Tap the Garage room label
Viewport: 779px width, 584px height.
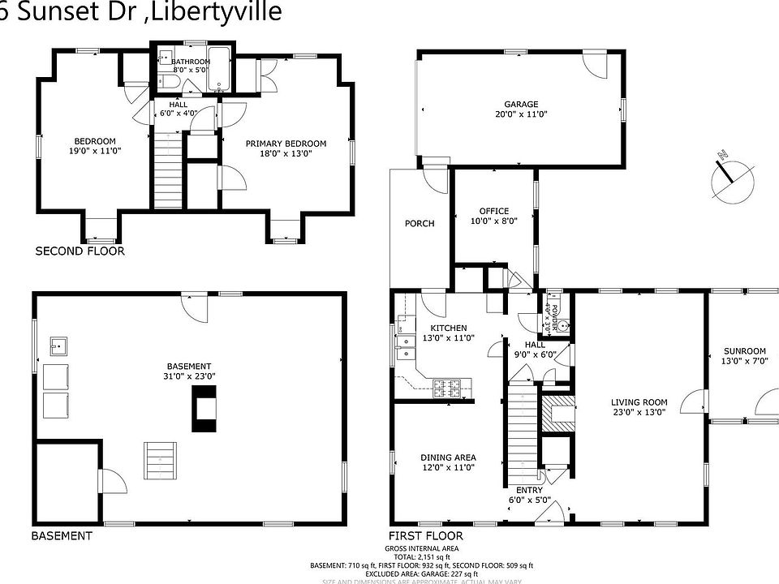[x=520, y=109]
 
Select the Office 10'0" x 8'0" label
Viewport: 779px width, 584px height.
[x=493, y=216]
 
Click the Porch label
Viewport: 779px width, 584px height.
[x=420, y=224]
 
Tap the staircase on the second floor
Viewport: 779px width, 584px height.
[x=166, y=171]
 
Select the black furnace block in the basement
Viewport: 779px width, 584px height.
[x=204, y=409]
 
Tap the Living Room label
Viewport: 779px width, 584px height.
[x=639, y=406]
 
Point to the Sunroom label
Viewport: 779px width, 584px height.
[x=744, y=357]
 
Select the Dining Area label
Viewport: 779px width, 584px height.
[x=448, y=462]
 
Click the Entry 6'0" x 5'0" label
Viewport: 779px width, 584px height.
[x=529, y=495]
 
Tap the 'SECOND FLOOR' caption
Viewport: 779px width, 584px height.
[x=80, y=251]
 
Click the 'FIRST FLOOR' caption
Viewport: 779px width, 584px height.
[x=425, y=536]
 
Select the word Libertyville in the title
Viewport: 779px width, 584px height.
[x=217, y=11]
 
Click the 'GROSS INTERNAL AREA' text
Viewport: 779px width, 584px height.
[x=421, y=549]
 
